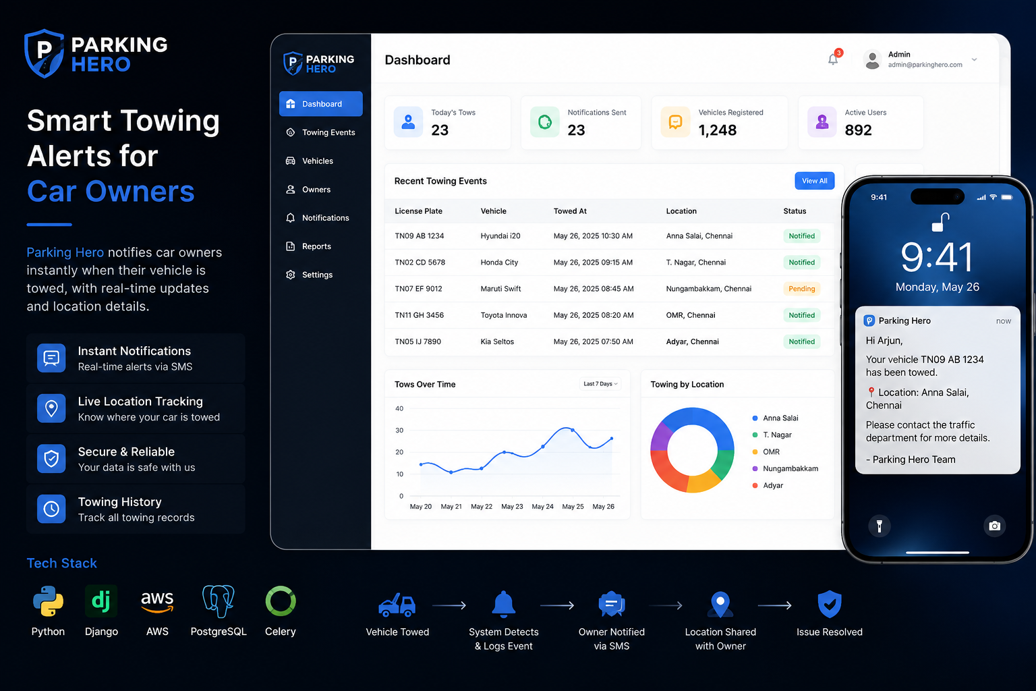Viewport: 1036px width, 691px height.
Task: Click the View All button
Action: (815, 180)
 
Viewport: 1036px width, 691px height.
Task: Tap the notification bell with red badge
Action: (834, 58)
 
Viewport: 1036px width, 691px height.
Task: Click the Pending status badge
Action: (801, 289)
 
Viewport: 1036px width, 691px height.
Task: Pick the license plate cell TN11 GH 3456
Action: (419, 315)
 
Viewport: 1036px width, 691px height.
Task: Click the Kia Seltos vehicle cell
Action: (497, 341)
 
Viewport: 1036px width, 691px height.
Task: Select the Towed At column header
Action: (570, 211)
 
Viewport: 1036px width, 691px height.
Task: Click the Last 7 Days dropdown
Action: (600, 384)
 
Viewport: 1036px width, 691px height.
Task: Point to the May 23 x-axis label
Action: (512, 506)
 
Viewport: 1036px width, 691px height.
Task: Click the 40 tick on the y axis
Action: (399, 408)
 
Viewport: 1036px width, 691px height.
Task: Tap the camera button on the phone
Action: (994, 526)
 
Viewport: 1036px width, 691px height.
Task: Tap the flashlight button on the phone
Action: (880, 526)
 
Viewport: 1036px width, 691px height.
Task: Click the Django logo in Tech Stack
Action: (101, 601)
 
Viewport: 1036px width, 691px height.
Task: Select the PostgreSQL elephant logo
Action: (219, 601)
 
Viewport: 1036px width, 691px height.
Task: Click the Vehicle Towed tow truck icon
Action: (397, 605)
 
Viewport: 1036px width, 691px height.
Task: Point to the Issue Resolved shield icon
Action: (829, 604)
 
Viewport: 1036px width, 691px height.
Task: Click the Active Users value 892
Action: (858, 130)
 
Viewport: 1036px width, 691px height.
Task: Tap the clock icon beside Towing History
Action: (51, 509)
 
